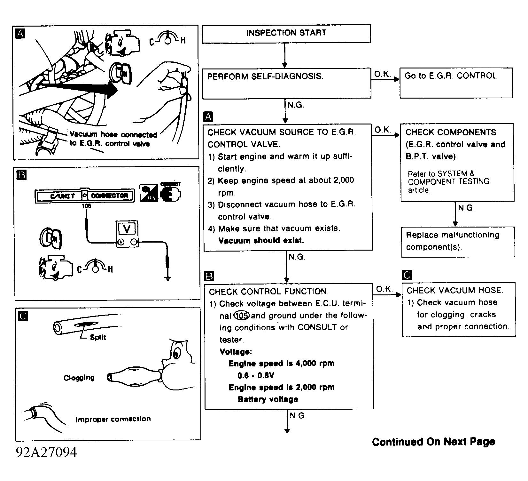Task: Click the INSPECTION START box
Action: point(286,33)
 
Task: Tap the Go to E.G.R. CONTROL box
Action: point(456,82)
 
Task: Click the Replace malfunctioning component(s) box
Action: point(458,241)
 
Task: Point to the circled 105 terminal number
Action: point(242,316)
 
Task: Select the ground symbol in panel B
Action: point(167,278)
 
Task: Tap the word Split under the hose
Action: point(98,337)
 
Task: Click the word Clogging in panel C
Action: point(79,378)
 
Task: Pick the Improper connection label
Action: point(113,419)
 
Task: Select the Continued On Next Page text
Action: point(433,442)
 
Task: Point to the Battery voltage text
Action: point(268,399)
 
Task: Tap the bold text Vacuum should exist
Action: point(261,241)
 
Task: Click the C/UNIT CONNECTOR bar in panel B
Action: point(84,196)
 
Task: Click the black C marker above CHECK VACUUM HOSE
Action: point(408,275)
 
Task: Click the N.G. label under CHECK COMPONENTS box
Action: point(466,208)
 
